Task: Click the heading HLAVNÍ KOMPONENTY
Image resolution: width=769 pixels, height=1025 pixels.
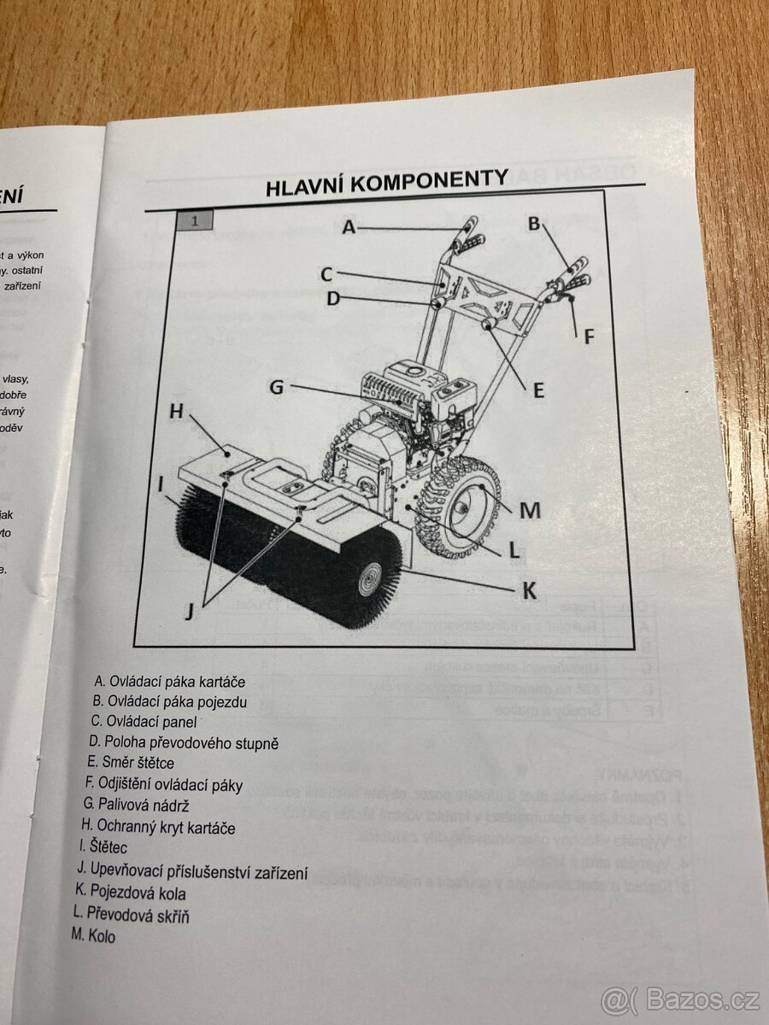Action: pyautogui.click(x=386, y=183)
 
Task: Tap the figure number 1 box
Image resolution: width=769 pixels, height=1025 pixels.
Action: pyautogui.click(x=195, y=221)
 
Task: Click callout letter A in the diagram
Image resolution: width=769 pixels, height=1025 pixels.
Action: pyautogui.click(x=349, y=226)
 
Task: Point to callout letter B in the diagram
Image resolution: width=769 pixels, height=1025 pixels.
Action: pyautogui.click(x=534, y=224)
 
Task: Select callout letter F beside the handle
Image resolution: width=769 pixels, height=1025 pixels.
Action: pyautogui.click(x=588, y=336)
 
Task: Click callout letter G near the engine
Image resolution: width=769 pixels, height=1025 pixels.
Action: pyautogui.click(x=277, y=386)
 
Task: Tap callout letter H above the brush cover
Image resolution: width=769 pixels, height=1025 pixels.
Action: pyautogui.click(x=176, y=412)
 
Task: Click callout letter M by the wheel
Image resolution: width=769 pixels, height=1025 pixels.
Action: pyautogui.click(x=530, y=510)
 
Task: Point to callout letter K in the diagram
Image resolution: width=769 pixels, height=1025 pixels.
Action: pyautogui.click(x=529, y=589)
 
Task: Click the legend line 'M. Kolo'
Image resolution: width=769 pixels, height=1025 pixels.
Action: pyautogui.click(x=93, y=935)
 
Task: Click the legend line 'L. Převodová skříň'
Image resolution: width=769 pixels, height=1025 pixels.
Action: pyautogui.click(x=132, y=916)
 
